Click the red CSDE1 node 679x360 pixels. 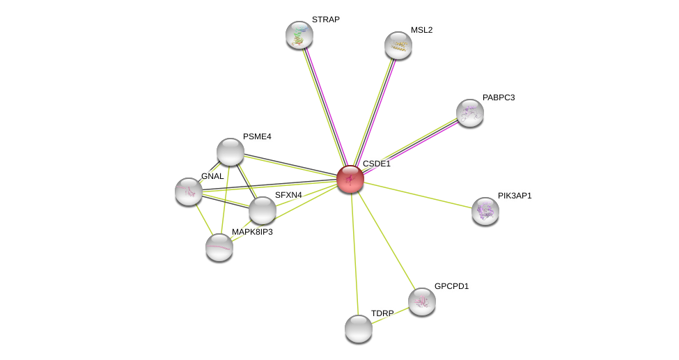(x=350, y=179)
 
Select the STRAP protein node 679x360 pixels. (x=299, y=35)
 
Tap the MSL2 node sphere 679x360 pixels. (x=398, y=45)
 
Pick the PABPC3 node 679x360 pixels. (x=470, y=113)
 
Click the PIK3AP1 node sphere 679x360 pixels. (x=485, y=212)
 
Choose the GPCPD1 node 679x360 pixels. (x=422, y=302)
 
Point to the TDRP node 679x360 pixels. (x=359, y=329)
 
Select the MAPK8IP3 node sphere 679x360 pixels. (x=219, y=248)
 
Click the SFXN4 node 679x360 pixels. (x=262, y=210)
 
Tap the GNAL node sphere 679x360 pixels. (x=188, y=191)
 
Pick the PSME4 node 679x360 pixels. (x=230, y=152)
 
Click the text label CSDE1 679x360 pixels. (x=377, y=164)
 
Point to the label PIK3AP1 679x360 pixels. (x=515, y=196)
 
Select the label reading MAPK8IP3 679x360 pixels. (x=253, y=232)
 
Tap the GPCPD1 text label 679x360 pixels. (x=452, y=286)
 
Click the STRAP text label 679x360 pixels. (x=326, y=19)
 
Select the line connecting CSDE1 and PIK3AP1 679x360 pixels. (x=417, y=196)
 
